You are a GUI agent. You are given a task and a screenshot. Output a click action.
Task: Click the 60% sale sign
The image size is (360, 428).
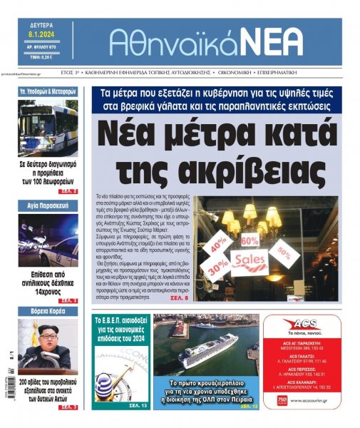pyautogui.click(x=250, y=240)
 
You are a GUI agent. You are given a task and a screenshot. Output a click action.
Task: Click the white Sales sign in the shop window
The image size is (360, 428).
pyautogui.click(x=250, y=260)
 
